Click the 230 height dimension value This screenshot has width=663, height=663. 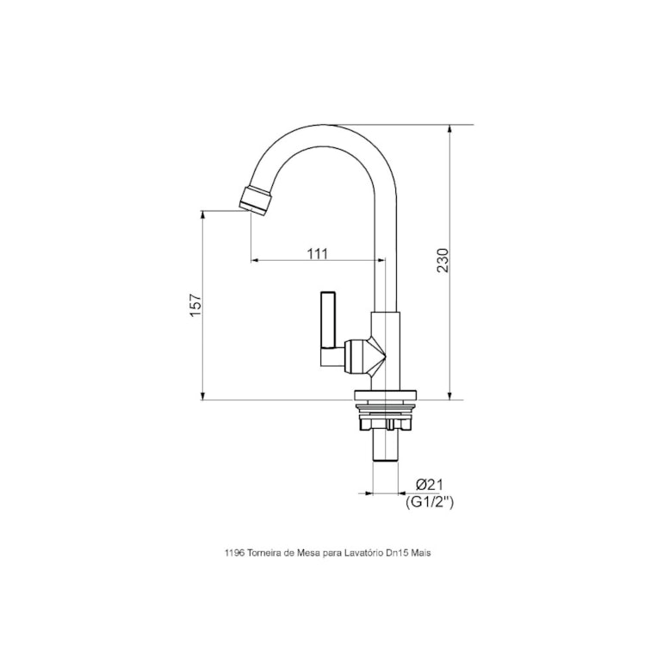coord(443,261)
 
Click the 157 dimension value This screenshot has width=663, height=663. coord(195,306)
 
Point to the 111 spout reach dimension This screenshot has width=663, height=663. coord(318,253)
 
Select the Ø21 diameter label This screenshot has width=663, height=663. coord(429,486)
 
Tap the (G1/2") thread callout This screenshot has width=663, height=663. coord(429,502)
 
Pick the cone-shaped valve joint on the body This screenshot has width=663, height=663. coord(375,356)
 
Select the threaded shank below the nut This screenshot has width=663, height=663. coord(386,444)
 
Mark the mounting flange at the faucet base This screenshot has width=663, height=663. coord(386,398)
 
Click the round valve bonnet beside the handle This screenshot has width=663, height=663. coord(352,356)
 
